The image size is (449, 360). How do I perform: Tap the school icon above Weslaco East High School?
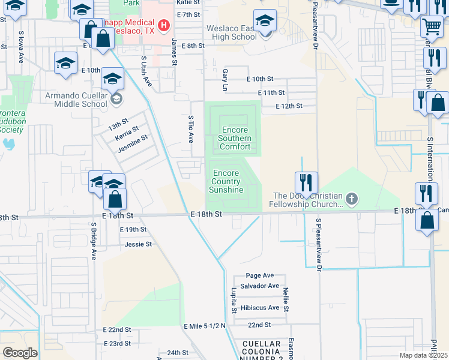coord(265,21)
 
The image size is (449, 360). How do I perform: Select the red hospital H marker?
coord(163,28)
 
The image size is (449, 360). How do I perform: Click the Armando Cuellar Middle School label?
coord(76,100)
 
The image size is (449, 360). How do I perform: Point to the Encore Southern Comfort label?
coord(235,138)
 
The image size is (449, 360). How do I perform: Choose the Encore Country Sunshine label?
coord(226,182)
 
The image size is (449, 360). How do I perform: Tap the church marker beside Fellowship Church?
coord(352,198)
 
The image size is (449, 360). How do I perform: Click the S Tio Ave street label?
coord(191,128)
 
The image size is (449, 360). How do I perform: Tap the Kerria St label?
coord(127,133)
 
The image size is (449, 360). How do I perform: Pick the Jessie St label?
coord(138,244)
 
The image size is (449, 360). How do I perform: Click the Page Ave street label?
coord(259,275)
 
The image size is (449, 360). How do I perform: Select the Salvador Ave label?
coord(259,286)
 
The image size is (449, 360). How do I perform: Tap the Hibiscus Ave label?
coord(260,308)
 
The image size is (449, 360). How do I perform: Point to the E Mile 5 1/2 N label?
coord(204,325)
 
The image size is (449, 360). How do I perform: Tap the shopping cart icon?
coord(432,27)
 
